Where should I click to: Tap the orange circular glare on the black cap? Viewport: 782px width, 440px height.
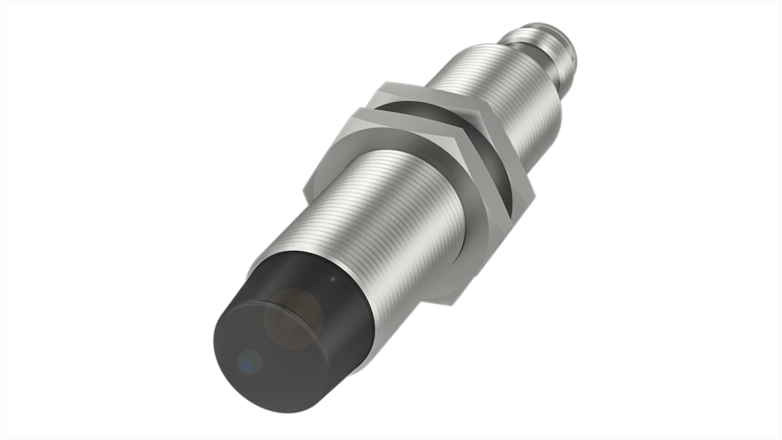click(293, 319)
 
